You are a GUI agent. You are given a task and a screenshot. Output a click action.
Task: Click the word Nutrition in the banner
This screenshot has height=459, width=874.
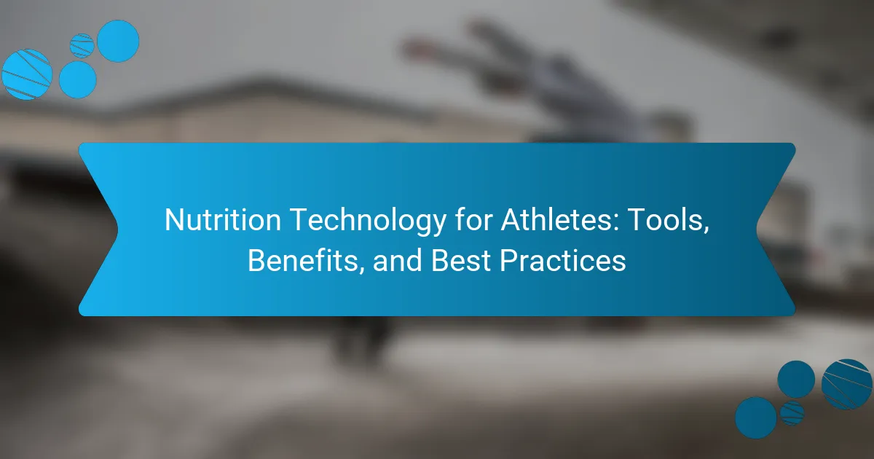pos(223,220)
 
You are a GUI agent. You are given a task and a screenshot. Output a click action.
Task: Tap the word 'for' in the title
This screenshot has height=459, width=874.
pos(473,219)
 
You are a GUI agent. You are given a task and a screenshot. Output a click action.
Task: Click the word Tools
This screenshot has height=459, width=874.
pos(663,220)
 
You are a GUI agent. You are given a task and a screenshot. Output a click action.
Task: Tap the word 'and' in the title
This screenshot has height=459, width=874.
pos(398,260)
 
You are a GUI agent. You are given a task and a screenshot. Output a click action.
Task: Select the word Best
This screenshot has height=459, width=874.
pos(461,260)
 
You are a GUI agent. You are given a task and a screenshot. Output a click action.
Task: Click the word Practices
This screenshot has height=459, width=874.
pos(563,260)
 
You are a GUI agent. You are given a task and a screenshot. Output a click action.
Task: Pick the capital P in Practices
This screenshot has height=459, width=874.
pos(509,260)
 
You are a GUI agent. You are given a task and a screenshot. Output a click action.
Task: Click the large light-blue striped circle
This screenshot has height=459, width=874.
pos(27,74)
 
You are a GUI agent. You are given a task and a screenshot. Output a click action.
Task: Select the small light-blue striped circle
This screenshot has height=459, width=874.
pos(82,46)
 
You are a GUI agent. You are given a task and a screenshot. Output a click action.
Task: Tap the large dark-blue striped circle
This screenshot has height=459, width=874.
pos(846,384)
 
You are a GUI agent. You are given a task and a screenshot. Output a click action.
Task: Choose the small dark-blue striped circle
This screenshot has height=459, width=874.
pos(792,413)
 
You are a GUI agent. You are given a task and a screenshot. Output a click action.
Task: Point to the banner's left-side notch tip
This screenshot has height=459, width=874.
pos(118,229)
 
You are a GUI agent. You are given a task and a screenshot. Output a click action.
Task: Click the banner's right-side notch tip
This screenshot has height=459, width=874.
pos(757,229)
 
